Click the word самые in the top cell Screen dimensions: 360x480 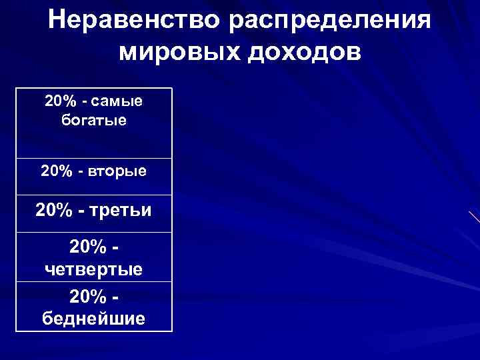117,101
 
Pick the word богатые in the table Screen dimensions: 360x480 93,121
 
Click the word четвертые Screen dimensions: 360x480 93,269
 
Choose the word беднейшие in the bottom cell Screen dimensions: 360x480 93,318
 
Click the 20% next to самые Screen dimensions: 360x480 59,101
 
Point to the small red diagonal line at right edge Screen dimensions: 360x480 474,217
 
